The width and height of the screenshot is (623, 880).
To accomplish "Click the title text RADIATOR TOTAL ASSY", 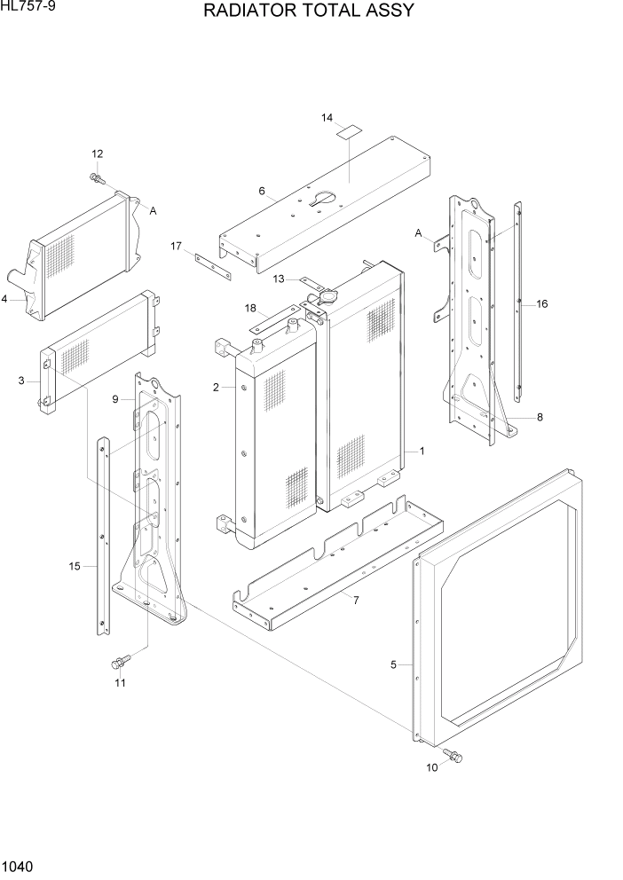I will point(308,12).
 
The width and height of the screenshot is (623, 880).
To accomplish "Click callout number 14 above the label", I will point(327,118).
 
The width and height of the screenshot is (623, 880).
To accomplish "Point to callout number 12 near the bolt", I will point(98,154).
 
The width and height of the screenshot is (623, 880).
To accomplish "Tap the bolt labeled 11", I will point(119,661).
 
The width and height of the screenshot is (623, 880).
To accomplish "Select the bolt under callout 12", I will point(97,178).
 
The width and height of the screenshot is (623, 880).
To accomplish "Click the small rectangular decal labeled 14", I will point(349,133).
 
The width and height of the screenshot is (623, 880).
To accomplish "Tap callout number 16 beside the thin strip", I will point(541,304).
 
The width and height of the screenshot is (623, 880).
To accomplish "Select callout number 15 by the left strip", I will point(75,565).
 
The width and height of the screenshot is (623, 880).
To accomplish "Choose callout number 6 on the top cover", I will point(262,191).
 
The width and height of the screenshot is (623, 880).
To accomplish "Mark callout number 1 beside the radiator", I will point(422,451).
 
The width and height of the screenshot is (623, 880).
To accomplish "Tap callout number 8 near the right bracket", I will point(540,416).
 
